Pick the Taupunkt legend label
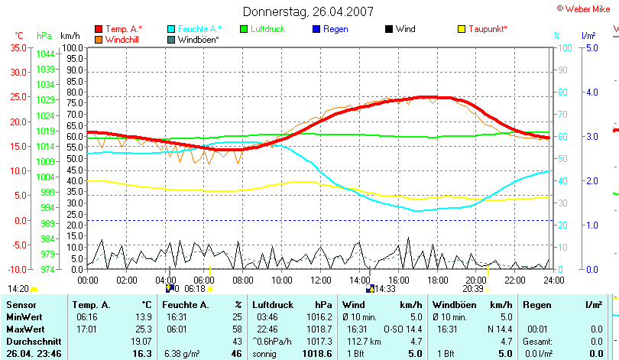[488, 29]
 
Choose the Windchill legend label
[122, 39]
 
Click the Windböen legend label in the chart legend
[199, 39]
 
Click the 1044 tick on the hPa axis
[45, 54]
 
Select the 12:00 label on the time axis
[321, 279]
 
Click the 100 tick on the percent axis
[564, 47]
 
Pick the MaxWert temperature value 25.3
[143, 329]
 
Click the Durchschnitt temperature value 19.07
[141, 341]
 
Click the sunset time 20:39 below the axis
[472, 289]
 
